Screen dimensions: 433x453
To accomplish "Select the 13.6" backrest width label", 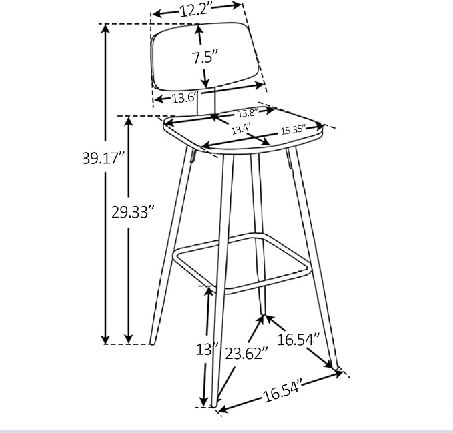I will tap(183, 99).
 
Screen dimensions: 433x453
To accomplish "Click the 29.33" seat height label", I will tap(133, 212).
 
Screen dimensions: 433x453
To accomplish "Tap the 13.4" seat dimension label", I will tap(240, 129).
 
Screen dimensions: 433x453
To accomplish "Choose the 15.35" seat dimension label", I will tap(292, 129).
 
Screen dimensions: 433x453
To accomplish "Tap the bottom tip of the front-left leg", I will tap(215, 404).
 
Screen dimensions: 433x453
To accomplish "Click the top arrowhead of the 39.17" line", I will tap(105, 28).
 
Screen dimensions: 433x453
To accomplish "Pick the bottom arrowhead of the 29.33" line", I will tap(129, 340).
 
